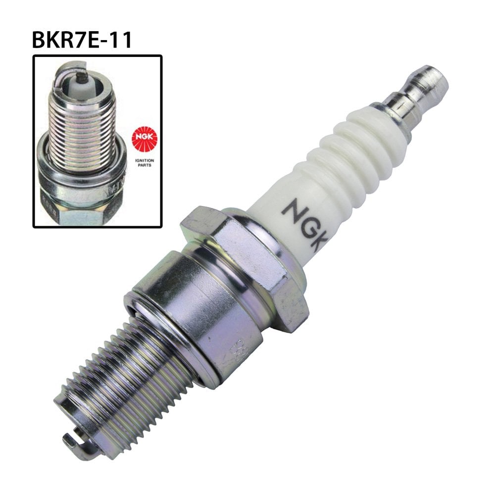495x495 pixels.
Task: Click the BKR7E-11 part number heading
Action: pos(82,40)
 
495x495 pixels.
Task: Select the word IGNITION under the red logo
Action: pos(143,161)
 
